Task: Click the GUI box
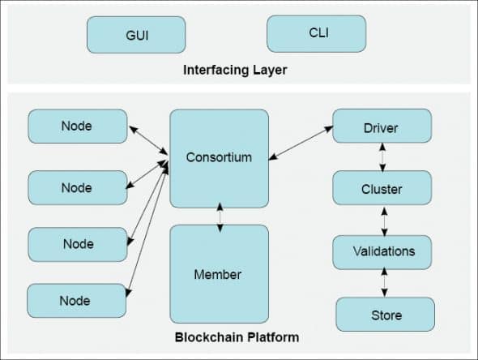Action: [136, 35]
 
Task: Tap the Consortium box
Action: [219, 157]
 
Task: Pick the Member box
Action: [219, 274]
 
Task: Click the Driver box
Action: [382, 128]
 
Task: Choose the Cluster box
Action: [382, 190]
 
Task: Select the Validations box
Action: [382, 251]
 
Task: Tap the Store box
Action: [385, 315]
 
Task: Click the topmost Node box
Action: [77, 126]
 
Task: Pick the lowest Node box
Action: [77, 301]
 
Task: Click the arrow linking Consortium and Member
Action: [219, 217]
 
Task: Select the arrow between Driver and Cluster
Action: [382, 159]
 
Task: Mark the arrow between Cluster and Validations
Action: [382, 221]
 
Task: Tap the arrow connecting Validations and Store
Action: [383, 283]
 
